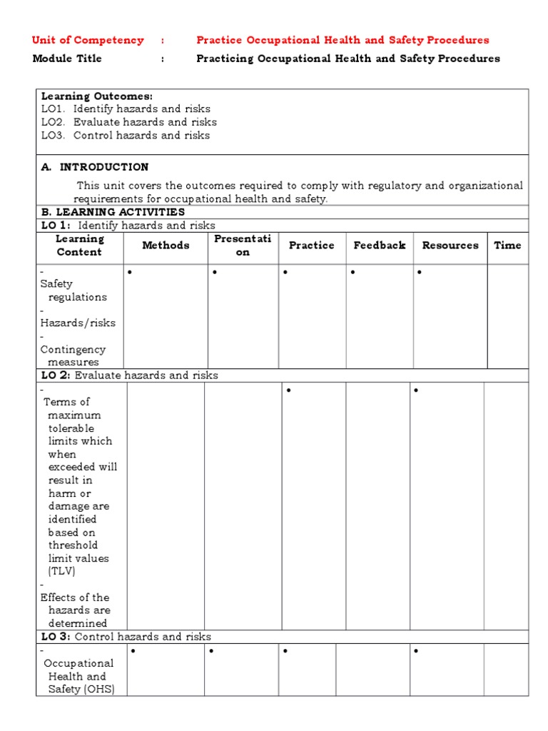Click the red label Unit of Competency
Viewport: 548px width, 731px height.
pyautogui.click(x=88, y=40)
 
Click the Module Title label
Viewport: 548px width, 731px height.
pyautogui.click(x=67, y=59)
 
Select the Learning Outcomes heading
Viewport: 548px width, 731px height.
pyautogui.click(x=96, y=96)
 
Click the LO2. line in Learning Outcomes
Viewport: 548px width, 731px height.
pyautogui.click(x=128, y=122)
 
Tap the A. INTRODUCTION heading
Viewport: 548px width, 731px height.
pyautogui.click(x=95, y=167)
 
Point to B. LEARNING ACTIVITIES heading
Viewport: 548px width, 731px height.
pyautogui.click(x=113, y=212)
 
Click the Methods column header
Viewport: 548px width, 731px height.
pyautogui.click(x=166, y=246)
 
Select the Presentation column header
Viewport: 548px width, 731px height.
pyautogui.click(x=243, y=246)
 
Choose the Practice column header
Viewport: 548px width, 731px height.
pyautogui.click(x=311, y=246)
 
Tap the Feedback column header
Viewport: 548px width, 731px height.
pyautogui.click(x=379, y=246)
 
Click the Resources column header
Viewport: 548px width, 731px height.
pyautogui.click(x=450, y=246)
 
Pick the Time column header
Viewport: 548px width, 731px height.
pyautogui.click(x=507, y=246)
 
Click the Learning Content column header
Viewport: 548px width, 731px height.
pyautogui.click(x=79, y=246)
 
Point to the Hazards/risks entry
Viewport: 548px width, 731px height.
pyautogui.click(x=78, y=323)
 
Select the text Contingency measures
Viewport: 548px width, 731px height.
pyautogui.click(x=73, y=356)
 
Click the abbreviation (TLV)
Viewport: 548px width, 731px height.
pyautogui.click(x=61, y=571)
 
